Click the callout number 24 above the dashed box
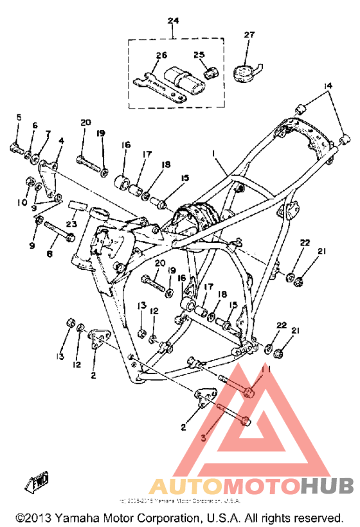(172, 21)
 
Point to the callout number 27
(249, 35)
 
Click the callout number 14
(328, 85)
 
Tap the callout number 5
(19, 117)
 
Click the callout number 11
(270, 370)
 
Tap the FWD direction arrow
(40, 481)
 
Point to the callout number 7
(48, 133)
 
